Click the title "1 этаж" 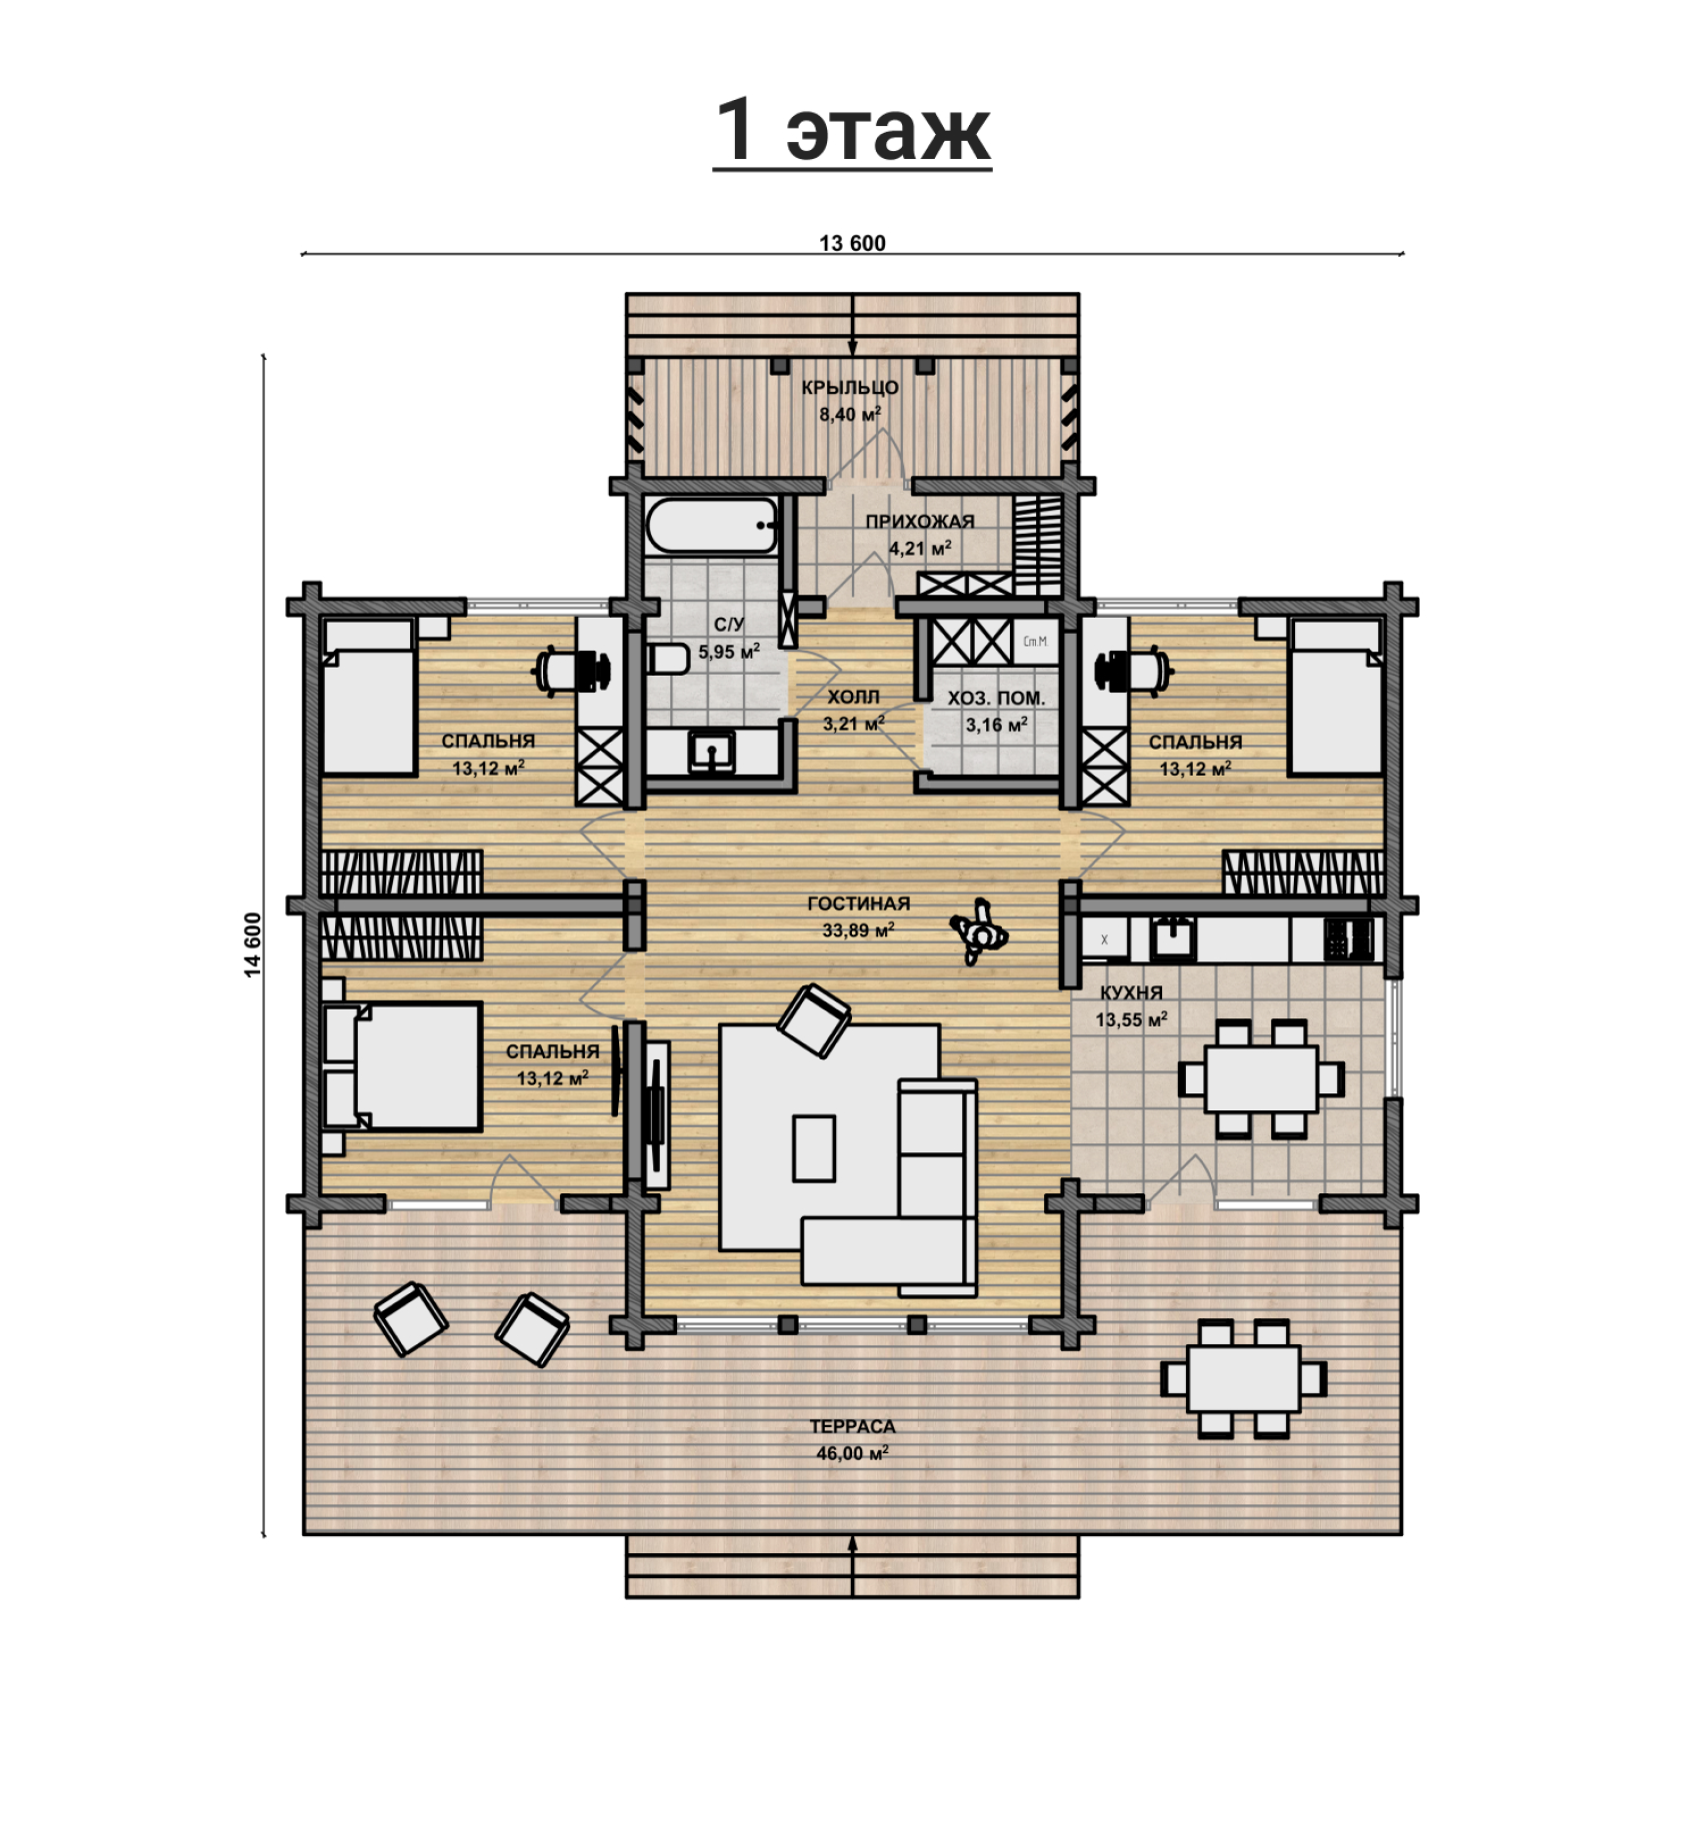click(x=852, y=131)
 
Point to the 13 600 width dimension click(x=852, y=243)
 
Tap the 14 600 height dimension click(x=253, y=944)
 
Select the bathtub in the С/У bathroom click(x=712, y=525)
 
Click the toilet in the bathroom click(x=669, y=659)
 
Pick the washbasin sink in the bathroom click(x=712, y=752)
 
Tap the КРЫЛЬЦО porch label click(x=850, y=388)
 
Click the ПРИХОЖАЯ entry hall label click(x=920, y=521)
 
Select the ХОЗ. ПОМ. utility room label click(x=996, y=698)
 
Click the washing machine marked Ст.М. click(x=1036, y=641)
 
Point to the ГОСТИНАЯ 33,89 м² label click(x=858, y=917)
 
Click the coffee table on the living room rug click(x=814, y=1148)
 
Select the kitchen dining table click(x=1261, y=1078)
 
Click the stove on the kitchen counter click(x=1349, y=939)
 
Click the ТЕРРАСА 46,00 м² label click(x=852, y=1440)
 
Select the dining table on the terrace click(x=1244, y=1378)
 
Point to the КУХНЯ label click(x=1131, y=992)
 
